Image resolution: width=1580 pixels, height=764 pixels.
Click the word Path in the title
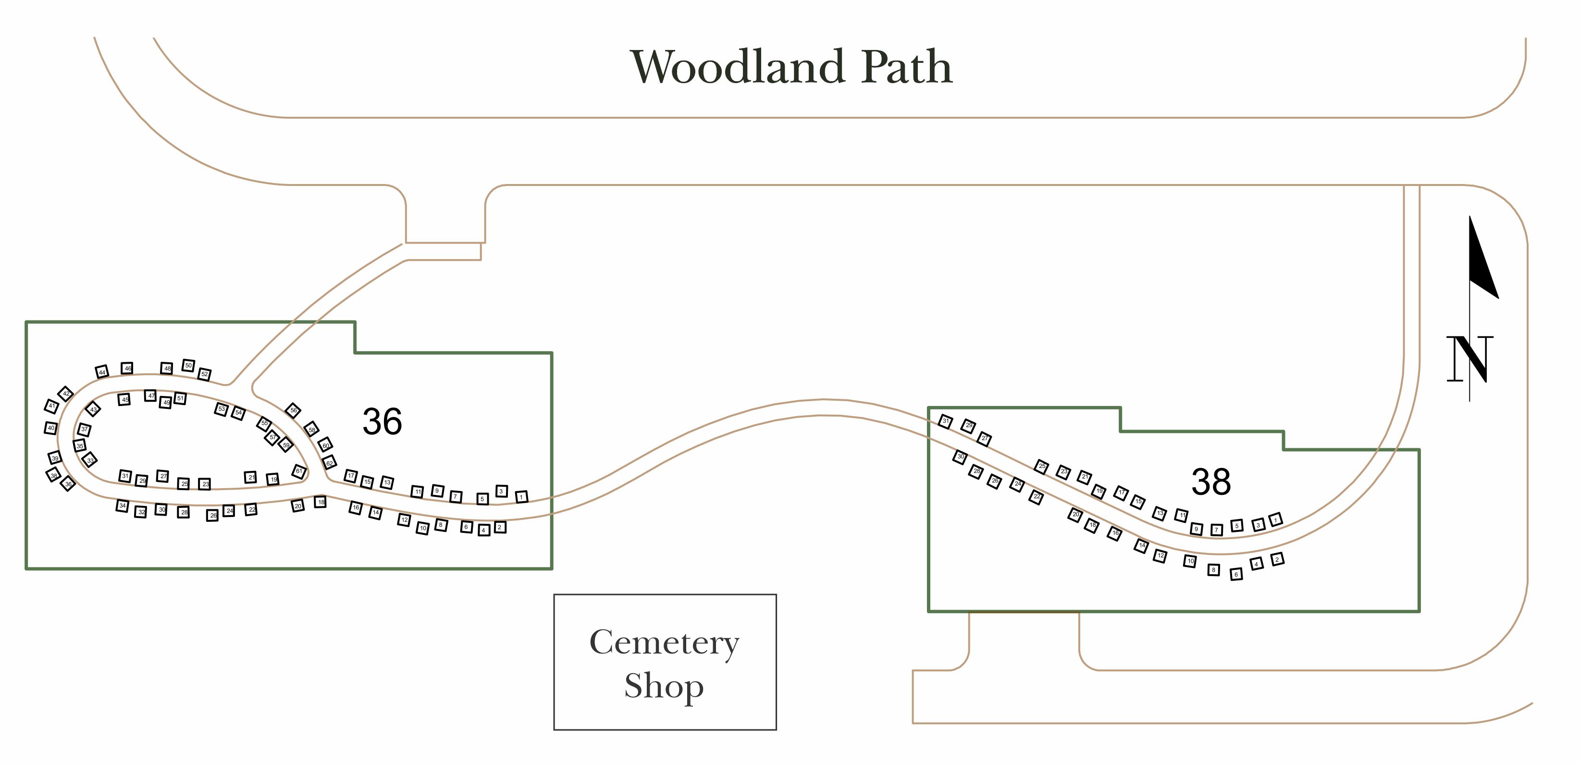[907, 67]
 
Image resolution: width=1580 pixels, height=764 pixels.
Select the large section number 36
[382, 422]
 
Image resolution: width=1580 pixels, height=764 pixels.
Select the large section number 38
[1211, 482]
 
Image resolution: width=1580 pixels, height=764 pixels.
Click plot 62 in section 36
[329, 463]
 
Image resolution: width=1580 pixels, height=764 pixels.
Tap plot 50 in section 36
[188, 366]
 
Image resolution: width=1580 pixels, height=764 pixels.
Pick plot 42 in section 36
[66, 394]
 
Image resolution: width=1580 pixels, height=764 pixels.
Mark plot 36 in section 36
[68, 484]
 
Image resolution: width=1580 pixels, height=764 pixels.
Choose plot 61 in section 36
[299, 471]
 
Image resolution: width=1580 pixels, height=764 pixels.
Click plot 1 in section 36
[521, 497]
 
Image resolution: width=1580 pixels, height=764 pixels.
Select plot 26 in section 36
[213, 516]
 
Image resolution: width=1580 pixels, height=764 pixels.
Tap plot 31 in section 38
[946, 421]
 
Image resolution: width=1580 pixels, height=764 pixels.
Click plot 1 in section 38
[1276, 519]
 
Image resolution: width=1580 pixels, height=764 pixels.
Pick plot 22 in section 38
[1037, 497]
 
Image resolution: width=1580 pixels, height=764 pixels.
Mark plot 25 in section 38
[1041, 467]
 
